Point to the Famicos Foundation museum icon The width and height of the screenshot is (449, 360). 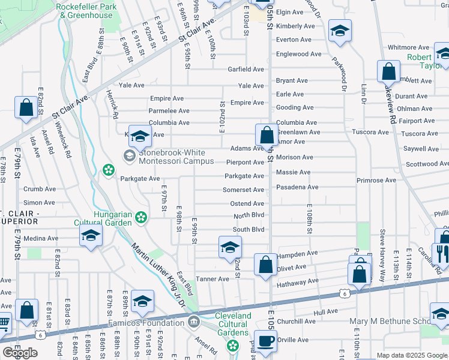[x=194, y=323]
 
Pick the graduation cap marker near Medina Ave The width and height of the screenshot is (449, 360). [x=91, y=235]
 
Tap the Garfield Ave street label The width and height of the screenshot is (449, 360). [x=246, y=69]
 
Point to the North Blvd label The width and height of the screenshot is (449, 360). [x=249, y=215]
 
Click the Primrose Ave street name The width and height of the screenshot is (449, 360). [x=376, y=180]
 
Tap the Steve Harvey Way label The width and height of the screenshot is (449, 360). [x=382, y=248]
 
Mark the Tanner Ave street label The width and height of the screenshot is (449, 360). [x=212, y=279]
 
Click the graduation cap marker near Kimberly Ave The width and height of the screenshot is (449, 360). [x=340, y=31]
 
